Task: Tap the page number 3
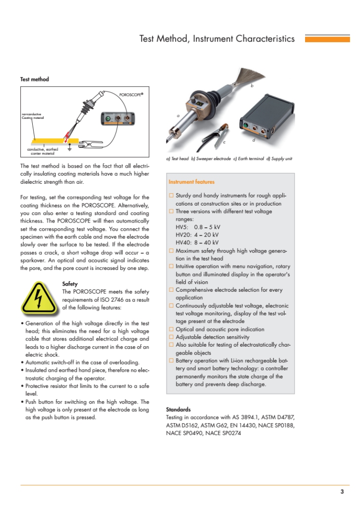(342, 491)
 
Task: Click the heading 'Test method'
(34, 79)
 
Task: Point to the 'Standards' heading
(178, 409)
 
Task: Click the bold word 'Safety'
(70, 284)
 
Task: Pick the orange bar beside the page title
(327, 39)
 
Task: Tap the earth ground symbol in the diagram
(69, 148)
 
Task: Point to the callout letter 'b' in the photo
(252, 86)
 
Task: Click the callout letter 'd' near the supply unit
(254, 140)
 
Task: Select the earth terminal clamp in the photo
(218, 133)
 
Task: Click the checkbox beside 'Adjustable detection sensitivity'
(171, 337)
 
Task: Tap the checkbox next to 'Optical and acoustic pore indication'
(171, 329)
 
